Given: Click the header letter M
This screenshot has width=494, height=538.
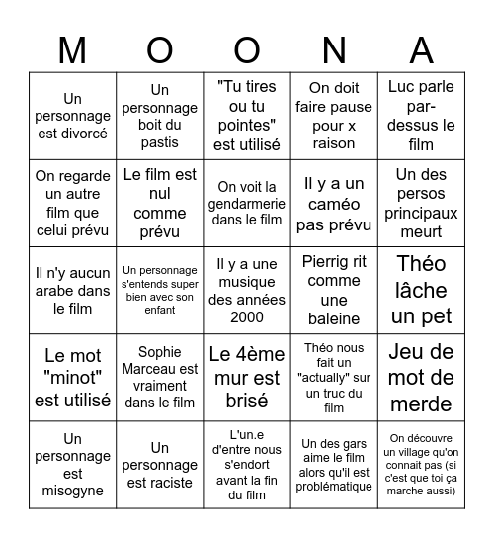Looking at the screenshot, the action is pos(72,48).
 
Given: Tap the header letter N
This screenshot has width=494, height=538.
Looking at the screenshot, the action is pos(334,48).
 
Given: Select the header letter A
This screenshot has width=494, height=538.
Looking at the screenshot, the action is pos(422,48).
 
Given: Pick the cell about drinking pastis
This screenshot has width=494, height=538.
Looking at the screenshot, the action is pos(159,116).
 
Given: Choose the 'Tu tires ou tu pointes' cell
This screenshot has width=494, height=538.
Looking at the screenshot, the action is pos(247,116).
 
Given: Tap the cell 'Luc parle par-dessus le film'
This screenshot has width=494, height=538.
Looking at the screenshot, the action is pos(422,116).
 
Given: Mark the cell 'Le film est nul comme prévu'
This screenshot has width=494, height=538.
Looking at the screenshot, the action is pos(159,203).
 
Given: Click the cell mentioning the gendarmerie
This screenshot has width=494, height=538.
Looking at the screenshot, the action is pos(247,203).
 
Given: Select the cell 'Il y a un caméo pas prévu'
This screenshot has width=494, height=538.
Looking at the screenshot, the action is pos(334,203).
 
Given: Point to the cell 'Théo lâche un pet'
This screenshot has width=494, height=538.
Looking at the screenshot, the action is pos(422,290).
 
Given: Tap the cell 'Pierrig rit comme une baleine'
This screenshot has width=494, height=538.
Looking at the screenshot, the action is pos(334,290).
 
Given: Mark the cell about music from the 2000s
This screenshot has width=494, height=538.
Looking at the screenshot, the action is pos(247,290).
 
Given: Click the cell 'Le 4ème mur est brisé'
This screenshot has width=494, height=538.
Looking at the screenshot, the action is pos(247,378).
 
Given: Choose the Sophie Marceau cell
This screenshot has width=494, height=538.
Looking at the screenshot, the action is pos(159,378).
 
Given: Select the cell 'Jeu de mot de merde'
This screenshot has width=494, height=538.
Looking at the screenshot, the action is pos(422,378).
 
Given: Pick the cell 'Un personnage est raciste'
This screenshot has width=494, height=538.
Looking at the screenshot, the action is pos(159,465).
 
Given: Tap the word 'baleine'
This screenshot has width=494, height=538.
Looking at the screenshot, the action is pos(334,318).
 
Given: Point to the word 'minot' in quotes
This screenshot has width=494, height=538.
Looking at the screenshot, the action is pos(73,377).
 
